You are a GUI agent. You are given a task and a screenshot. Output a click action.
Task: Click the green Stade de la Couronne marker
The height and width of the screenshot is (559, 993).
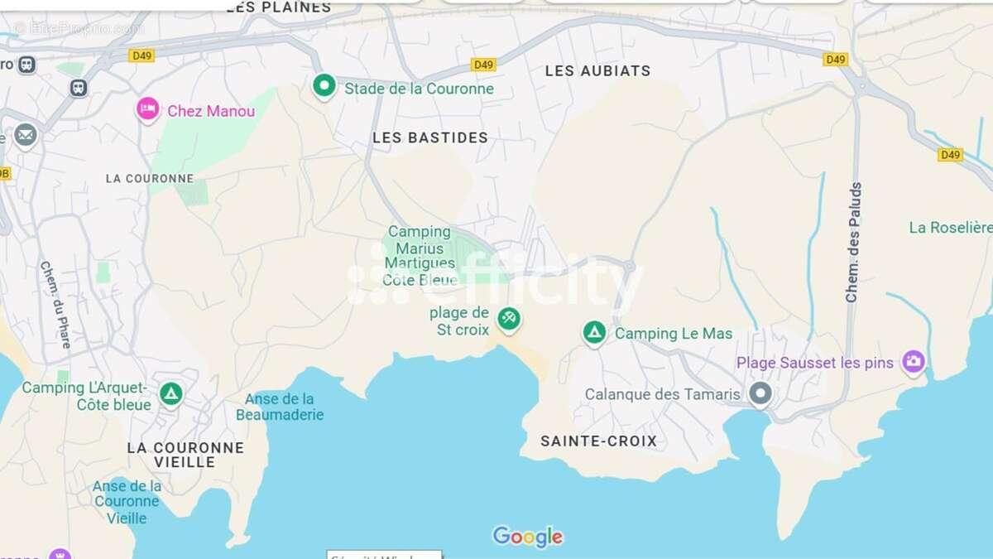pos(324,85)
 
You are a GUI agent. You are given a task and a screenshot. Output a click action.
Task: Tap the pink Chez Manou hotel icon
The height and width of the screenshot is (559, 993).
pos(148,108)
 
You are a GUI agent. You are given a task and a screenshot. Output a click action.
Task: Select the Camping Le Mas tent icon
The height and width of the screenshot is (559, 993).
pos(594,333)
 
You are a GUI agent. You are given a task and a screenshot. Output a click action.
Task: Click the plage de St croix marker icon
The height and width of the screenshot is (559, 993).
pos(508,318)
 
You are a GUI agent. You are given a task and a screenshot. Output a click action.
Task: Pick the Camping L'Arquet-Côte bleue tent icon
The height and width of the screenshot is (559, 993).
pos(171,393)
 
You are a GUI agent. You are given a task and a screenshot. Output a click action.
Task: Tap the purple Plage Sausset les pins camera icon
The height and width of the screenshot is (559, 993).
pos(913,361)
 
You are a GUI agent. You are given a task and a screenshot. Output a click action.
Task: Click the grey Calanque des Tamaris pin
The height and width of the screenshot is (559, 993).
pos(760,393)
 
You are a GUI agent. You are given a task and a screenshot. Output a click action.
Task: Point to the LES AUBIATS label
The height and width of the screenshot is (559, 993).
pos(597,71)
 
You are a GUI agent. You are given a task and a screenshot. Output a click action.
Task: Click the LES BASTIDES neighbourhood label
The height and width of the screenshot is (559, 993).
pos(430,137)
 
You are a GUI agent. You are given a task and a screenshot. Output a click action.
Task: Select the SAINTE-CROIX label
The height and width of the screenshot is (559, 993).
pos(598,441)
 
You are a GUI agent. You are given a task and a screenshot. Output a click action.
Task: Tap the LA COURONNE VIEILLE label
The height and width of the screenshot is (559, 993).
pos(185,455)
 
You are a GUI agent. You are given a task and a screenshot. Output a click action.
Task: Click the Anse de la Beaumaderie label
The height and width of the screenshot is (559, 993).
pos(280,407)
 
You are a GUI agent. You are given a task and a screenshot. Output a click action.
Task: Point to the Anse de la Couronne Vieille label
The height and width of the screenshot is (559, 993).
pos(127,502)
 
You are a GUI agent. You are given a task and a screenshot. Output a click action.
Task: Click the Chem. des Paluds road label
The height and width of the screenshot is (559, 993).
pos(854,242)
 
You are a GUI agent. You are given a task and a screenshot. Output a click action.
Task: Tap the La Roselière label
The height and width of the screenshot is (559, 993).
pos(950,227)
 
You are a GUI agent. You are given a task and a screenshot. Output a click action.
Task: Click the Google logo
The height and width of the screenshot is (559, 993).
pos(528,537)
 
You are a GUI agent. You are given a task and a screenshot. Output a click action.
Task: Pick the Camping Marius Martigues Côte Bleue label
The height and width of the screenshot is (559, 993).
pos(420,256)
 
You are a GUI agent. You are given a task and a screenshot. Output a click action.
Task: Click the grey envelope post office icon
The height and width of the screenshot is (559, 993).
pos(25,134)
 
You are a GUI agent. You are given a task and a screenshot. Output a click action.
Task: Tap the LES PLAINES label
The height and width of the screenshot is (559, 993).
pos(278,7)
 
